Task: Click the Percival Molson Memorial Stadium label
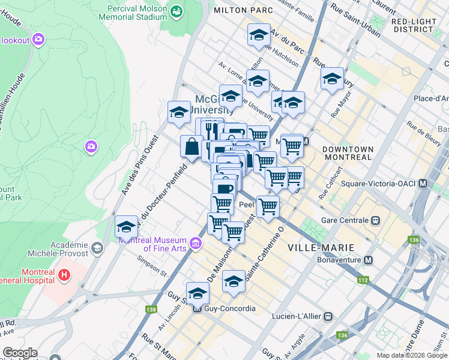coord(137,13)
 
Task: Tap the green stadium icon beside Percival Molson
coord(177,11)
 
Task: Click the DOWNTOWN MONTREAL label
coord(348,153)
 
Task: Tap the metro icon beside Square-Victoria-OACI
coord(423,183)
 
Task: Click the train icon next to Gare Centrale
coord(376,220)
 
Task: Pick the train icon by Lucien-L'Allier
coord(328,316)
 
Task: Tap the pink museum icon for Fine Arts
coord(195,243)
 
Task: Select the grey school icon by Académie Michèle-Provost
coord(96,248)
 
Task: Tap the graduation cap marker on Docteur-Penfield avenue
coord(126,227)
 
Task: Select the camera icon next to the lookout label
coord(39,40)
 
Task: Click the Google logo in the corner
coord(19,353)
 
